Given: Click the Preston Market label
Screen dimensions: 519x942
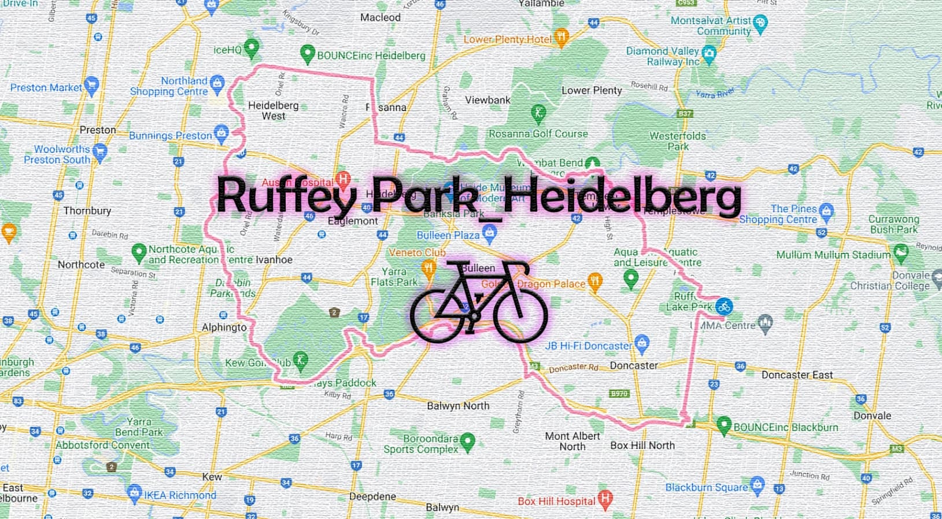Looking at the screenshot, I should tap(46, 87).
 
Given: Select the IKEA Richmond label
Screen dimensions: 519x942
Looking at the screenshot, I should tap(180, 495).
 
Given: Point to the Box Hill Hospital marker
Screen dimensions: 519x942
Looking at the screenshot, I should tap(605, 499).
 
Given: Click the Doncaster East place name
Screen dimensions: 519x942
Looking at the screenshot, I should tap(797, 375).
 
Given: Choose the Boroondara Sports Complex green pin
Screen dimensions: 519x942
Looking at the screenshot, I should tap(467, 442).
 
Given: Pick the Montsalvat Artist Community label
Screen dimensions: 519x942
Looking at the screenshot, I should tap(711, 25).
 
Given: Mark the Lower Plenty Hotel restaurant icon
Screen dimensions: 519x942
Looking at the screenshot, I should tap(561, 37).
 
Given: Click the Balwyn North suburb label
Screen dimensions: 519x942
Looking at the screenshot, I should tap(458, 406).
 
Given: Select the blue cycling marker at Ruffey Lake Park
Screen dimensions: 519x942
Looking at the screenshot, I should tap(724, 307).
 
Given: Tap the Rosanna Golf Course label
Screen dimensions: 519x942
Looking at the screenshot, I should tap(538, 134).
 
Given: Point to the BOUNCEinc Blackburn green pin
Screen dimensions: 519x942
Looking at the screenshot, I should tap(723, 425).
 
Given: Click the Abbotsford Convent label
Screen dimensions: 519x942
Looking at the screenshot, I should tap(102, 445).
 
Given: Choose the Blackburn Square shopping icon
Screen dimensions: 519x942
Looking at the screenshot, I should tap(757, 485).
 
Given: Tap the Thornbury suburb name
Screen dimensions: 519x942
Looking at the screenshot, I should tap(87, 211).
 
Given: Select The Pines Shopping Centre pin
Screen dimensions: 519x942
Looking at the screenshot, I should tap(826, 211).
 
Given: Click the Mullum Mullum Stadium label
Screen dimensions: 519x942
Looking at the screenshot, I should tap(833, 255).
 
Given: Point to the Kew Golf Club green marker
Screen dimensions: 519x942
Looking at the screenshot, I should tap(300, 360).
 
